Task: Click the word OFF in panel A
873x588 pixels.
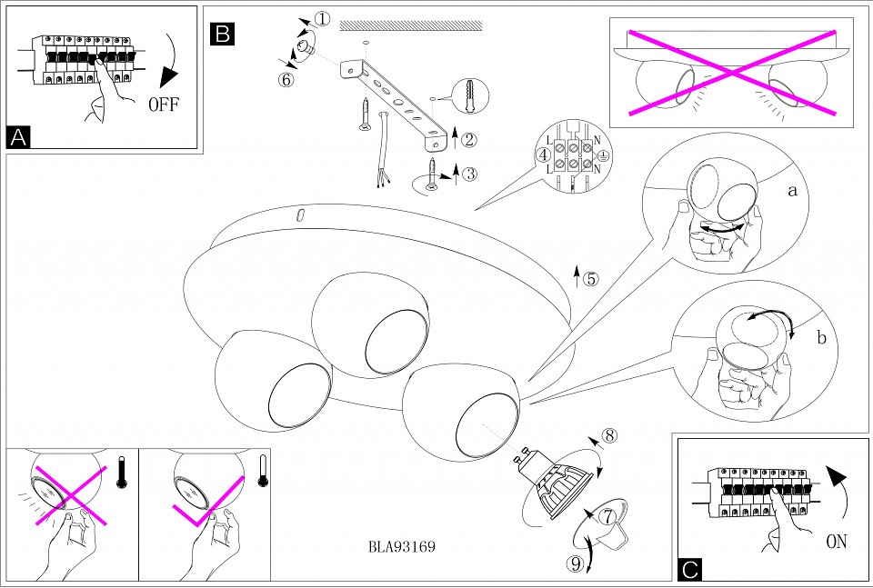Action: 165,103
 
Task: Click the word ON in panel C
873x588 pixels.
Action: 837,542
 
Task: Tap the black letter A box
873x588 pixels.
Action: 18,137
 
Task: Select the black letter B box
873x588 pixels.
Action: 222,35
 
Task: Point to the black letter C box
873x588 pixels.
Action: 690,570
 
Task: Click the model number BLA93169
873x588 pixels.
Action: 403,547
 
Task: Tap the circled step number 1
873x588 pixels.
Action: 323,19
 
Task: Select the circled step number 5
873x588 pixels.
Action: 592,279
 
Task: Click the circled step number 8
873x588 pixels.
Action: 610,434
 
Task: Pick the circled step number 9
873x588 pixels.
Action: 574,563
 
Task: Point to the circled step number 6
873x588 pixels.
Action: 286,79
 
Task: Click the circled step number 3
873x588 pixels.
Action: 469,173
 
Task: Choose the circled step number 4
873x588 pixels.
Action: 543,154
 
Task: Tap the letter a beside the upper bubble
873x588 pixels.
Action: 792,191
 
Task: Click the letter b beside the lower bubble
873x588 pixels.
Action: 821,339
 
